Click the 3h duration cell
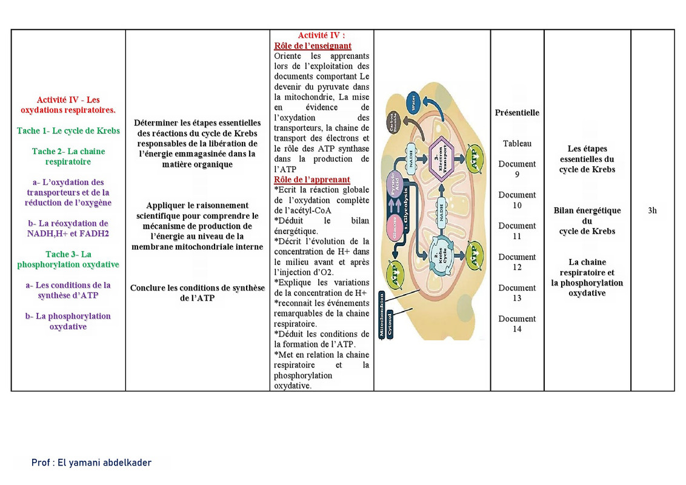(652, 211)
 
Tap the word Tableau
(517, 144)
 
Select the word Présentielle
(517, 113)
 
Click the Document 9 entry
(517, 169)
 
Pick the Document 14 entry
(517, 324)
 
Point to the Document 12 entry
(517, 262)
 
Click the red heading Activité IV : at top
(321, 36)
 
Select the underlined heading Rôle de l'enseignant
(313, 46)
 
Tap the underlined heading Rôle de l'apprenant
(312, 179)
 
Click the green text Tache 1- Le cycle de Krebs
(68, 131)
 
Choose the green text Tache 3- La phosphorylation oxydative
(68, 259)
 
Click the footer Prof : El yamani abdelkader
(92, 463)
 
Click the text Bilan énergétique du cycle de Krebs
(587, 221)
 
